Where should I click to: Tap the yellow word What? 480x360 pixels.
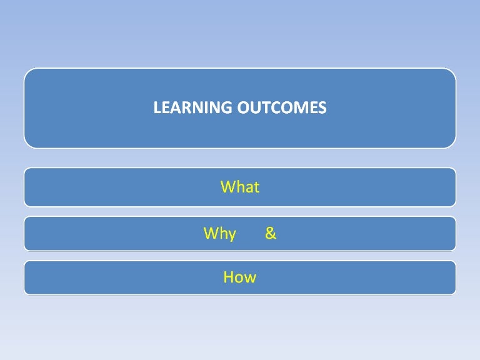tap(240, 187)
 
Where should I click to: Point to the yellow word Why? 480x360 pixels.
tap(220, 234)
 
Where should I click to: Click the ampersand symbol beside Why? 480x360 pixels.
tap(271, 234)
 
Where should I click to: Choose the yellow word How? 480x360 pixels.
tap(240, 277)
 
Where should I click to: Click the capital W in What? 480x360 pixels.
tap(227, 187)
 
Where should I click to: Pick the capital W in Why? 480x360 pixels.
tap(211, 234)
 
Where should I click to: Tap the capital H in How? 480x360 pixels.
tap(228, 277)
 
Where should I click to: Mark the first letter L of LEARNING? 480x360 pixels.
tap(157, 108)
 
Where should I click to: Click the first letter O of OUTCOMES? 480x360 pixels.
tap(243, 108)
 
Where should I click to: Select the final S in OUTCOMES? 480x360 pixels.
tap(322, 108)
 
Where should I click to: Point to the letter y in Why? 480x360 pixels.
tap(232, 236)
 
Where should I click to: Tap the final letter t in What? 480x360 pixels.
tap(256, 187)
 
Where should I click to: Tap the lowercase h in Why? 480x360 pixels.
tap(222, 234)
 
